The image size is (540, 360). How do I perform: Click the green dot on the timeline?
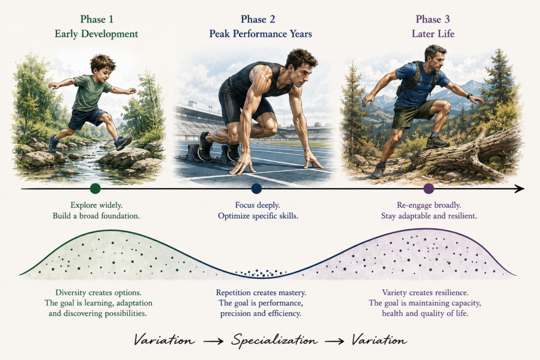[95, 189]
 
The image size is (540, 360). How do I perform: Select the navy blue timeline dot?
[257, 189]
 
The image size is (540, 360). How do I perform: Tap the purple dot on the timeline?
[429, 189]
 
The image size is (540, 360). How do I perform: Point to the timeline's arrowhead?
[519, 189]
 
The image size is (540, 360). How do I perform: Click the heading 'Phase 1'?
[97, 20]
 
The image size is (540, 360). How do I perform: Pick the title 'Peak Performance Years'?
[261, 34]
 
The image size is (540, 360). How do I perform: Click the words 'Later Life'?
[433, 34]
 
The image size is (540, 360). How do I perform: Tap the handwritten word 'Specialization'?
[274, 340]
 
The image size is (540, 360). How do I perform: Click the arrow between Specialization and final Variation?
[334, 341]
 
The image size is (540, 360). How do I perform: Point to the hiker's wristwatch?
[470, 96]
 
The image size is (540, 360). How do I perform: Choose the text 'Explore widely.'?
[97, 205]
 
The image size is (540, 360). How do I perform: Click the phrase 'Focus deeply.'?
[257, 205]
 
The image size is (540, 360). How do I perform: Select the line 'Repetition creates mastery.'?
[261, 293]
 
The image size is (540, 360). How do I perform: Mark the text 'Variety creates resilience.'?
[426, 293]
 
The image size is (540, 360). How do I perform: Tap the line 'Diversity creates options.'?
[99, 293]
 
